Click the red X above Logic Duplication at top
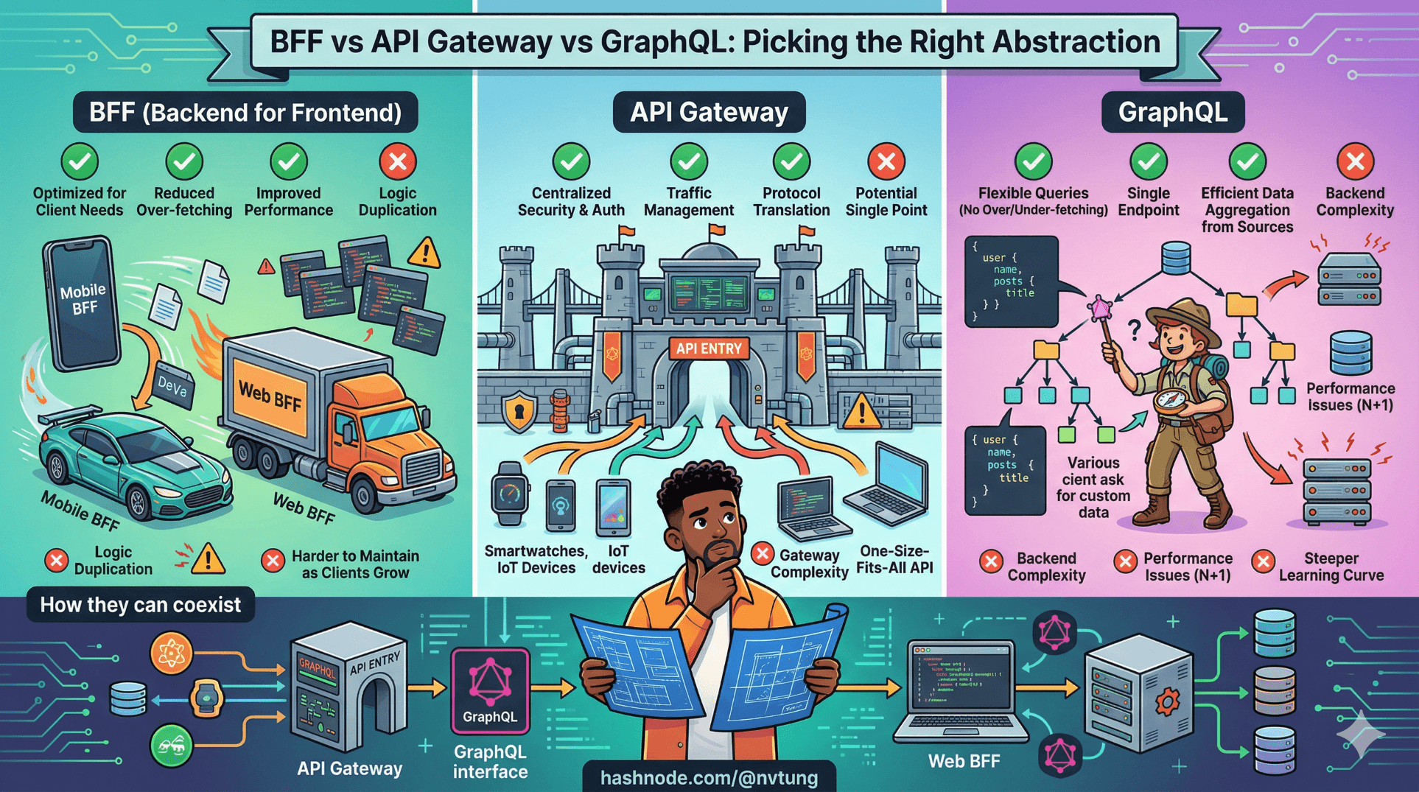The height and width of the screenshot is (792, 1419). pyautogui.click(x=398, y=161)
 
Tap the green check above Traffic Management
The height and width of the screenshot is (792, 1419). pyautogui.click(x=689, y=161)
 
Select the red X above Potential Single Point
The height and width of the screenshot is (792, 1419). pyautogui.click(x=886, y=161)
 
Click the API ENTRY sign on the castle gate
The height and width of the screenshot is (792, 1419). pyautogui.click(x=709, y=348)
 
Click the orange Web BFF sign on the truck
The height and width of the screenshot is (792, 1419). pyautogui.click(x=270, y=398)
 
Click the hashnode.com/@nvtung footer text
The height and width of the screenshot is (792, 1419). pyautogui.click(x=709, y=778)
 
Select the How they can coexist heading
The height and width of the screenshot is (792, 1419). pyautogui.click(x=140, y=605)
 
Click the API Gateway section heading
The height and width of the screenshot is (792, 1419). pyautogui.click(x=709, y=112)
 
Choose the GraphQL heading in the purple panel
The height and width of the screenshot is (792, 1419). pyautogui.click(x=1173, y=112)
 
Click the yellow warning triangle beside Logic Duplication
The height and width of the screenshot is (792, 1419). pyautogui.click(x=208, y=559)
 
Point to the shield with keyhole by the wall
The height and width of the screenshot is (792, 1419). pyautogui.click(x=519, y=411)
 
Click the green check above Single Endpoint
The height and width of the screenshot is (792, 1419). pyautogui.click(x=1149, y=161)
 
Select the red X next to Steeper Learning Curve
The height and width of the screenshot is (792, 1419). pyautogui.click(x=1263, y=561)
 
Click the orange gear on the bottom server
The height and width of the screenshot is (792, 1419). pyautogui.click(x=1167, y=701)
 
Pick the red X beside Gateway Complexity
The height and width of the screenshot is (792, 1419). pyautogui.click(x=763, y=553)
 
